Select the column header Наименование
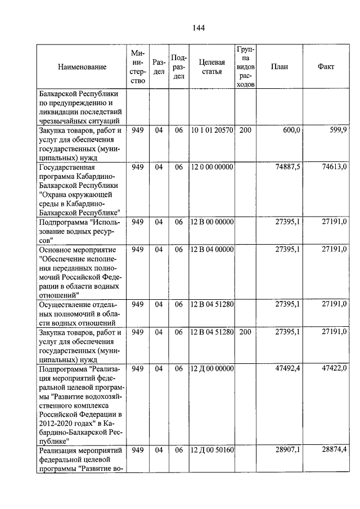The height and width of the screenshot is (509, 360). pos(82,67)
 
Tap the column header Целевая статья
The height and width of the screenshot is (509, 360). pos(211,67)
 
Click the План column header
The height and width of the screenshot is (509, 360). pos(279,66)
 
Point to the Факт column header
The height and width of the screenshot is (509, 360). pos(326,66)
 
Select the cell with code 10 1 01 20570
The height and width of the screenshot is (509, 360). pos(211,130)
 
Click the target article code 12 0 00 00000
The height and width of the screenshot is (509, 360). pos(211,167)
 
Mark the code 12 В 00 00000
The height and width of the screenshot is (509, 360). pos(211,222)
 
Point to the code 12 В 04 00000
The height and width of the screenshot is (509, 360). pos(211,249)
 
